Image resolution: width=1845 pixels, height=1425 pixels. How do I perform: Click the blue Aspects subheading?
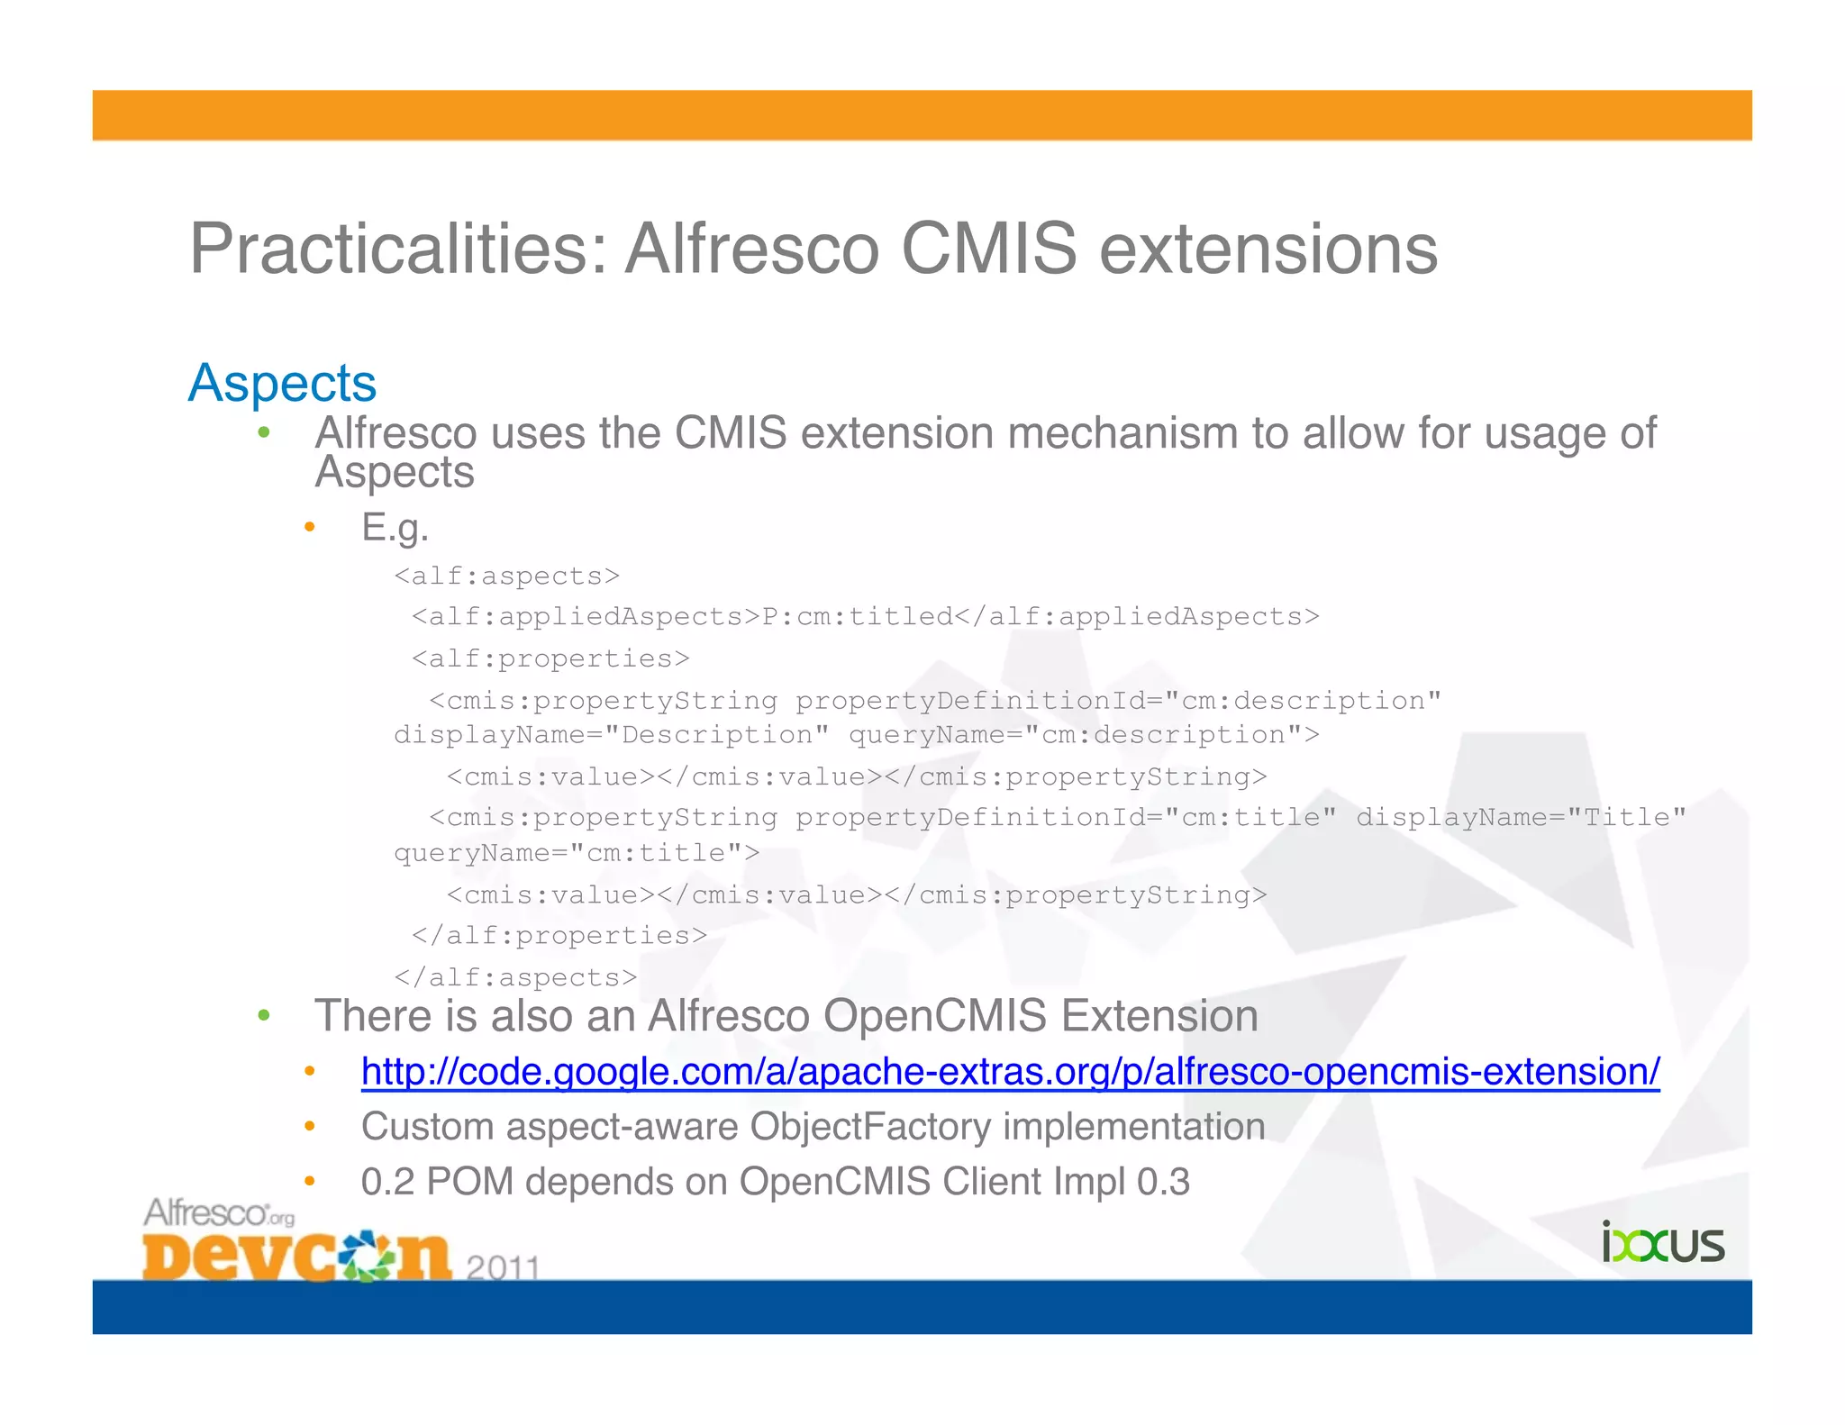282,383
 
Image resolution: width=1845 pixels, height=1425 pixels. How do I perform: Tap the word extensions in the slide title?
1268,250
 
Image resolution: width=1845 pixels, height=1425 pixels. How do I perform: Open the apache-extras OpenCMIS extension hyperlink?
1010,1072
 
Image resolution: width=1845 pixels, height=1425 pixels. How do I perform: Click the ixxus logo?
1662,1244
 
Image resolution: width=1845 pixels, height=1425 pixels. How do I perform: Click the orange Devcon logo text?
295,1256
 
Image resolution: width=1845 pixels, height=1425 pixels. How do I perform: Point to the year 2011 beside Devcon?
503,1267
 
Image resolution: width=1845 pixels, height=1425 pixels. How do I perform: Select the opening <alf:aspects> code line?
506,576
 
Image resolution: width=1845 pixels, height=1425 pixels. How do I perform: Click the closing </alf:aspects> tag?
515,977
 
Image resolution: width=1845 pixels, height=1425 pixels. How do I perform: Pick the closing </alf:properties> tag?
559,936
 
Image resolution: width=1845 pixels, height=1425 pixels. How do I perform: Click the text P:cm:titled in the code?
857,617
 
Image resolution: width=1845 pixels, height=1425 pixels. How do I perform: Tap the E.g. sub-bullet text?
395,527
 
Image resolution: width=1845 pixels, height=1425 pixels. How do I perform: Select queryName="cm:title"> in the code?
577,853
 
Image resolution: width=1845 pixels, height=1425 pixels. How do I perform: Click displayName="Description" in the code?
612,736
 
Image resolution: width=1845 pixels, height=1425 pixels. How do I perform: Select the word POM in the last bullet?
469,1182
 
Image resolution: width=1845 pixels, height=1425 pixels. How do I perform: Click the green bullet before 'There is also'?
263,1017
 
